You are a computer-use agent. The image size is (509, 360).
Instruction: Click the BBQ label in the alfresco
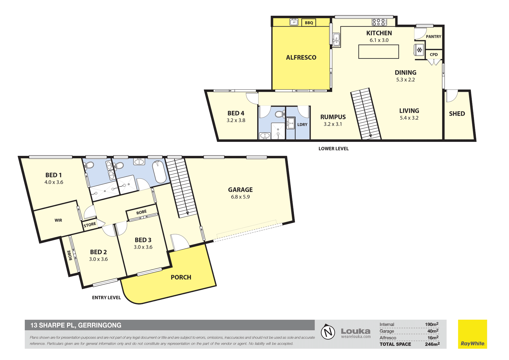309,23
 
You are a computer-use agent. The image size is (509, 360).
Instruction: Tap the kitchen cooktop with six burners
379,22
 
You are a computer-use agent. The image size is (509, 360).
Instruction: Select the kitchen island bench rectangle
379,51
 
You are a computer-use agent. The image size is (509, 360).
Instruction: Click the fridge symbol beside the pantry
419,50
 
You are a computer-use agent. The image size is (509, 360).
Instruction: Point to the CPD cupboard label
434,55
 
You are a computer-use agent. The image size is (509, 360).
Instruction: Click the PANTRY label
433,37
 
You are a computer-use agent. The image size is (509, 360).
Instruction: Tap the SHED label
457,114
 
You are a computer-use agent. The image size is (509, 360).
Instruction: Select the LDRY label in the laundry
302,125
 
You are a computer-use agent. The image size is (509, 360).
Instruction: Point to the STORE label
90,225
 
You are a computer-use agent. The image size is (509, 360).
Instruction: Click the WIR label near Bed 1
58,220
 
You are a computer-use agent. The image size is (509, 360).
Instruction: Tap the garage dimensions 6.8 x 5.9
240,197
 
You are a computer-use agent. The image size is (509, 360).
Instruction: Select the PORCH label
181,277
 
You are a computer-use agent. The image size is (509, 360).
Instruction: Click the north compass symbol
328,332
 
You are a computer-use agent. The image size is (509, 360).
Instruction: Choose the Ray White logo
472,334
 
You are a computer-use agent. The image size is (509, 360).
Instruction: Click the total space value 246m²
432,344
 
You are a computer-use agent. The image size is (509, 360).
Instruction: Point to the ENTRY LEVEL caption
106,298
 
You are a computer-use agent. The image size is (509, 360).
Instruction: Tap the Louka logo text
356,331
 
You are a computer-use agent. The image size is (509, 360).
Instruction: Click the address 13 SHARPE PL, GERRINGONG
76,325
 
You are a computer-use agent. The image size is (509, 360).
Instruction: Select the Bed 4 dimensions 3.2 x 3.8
236,120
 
